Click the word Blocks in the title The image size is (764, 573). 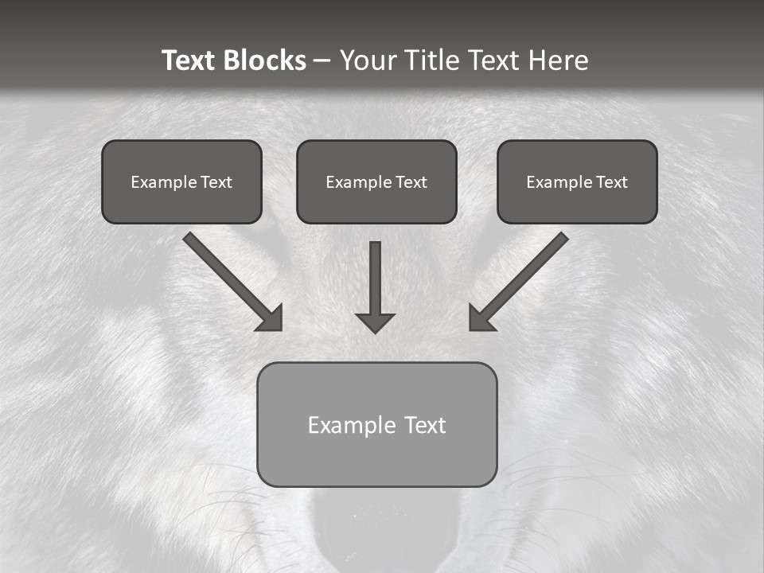(267, 60)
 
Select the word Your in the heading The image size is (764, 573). (368, 60)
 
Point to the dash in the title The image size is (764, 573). (322, 61)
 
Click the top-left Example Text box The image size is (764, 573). (181, 181)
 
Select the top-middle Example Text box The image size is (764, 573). (376, 181)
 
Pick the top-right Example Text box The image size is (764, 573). (577, 181)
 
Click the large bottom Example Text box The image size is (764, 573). (376, 424)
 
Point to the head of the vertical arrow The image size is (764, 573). (375, 322)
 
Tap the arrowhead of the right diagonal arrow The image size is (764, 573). (481, 318)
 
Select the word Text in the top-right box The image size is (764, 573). (611, 181)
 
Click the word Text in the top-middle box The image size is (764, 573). (411, 181)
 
